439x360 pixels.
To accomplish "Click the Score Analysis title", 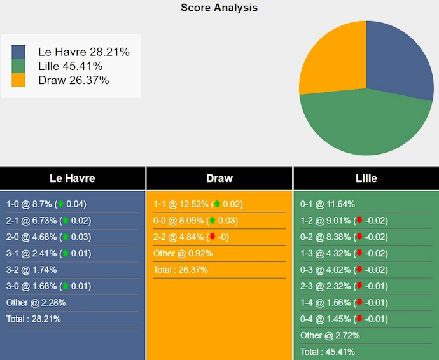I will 219,8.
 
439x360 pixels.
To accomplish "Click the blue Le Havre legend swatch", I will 18,52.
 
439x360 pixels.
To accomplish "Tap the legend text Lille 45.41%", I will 70,66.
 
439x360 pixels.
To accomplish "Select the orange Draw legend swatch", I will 18,80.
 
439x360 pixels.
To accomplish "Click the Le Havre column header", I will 73,178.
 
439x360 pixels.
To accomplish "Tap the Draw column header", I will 219,178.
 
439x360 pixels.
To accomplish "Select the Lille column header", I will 366,178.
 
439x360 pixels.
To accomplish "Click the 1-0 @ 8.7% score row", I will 46,204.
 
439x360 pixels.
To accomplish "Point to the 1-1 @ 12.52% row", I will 197,204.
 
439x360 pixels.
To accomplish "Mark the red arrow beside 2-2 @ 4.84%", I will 212,237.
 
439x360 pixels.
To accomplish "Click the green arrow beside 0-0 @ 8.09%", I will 212,221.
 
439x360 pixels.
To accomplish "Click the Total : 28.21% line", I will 34,319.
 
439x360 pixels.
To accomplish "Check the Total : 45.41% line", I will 328,352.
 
